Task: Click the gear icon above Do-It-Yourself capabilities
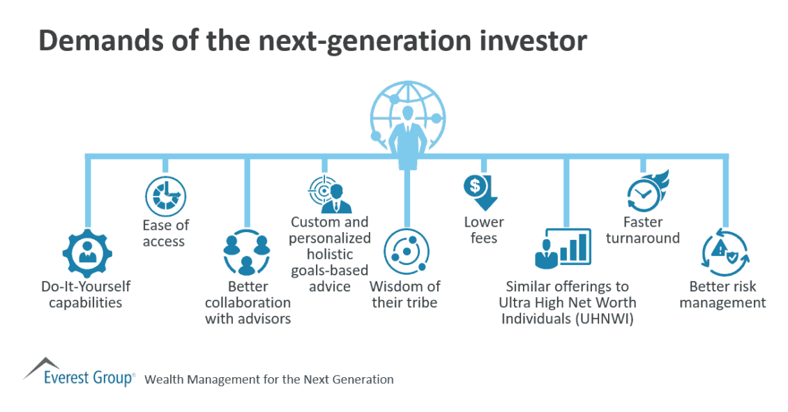click(87, 253)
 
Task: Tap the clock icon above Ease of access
click(166, 197)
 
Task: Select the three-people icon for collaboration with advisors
click(247, 253)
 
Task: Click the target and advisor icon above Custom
click(330, 194)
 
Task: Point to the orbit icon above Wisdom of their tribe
click(407, 251)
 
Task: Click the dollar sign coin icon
click(475, 186)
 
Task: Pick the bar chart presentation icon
click(563, 248)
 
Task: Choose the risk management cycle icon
click(725, 252)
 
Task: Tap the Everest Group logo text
click(89, 378)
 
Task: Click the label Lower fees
click(483, 229)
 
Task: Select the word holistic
click(330, 254)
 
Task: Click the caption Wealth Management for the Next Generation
click(269, 379)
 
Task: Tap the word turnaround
click(643, 238)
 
